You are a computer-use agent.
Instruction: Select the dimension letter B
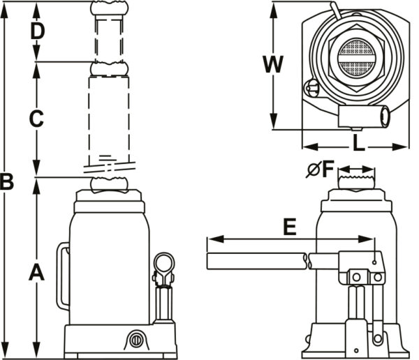[7, 183]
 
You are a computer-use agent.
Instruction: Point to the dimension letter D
[37, 31]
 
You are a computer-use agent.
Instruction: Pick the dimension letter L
[358, 144]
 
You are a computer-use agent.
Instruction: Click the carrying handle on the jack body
[63, 276]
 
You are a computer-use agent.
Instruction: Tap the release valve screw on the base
[134, 341]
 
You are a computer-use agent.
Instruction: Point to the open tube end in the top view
[385, 115]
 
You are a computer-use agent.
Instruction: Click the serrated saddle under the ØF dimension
[358, 182]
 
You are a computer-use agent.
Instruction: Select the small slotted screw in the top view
[312, 89]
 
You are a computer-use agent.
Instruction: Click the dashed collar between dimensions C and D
[109, 68]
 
